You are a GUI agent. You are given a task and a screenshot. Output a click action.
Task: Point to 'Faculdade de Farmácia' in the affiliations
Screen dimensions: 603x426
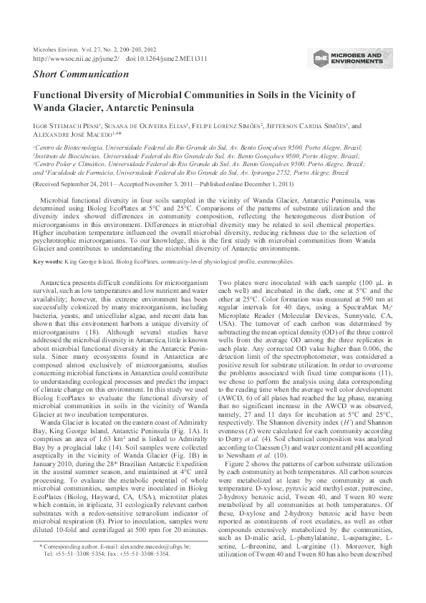click(89, 173)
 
